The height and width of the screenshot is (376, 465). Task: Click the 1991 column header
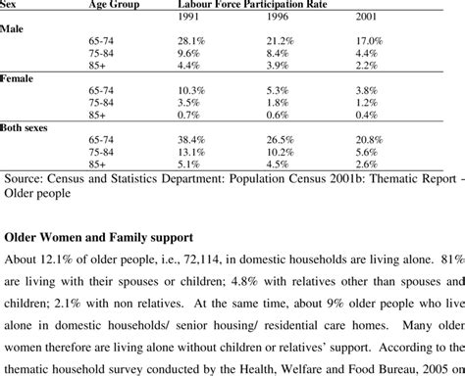pyautogui.click(x=190, y=19)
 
